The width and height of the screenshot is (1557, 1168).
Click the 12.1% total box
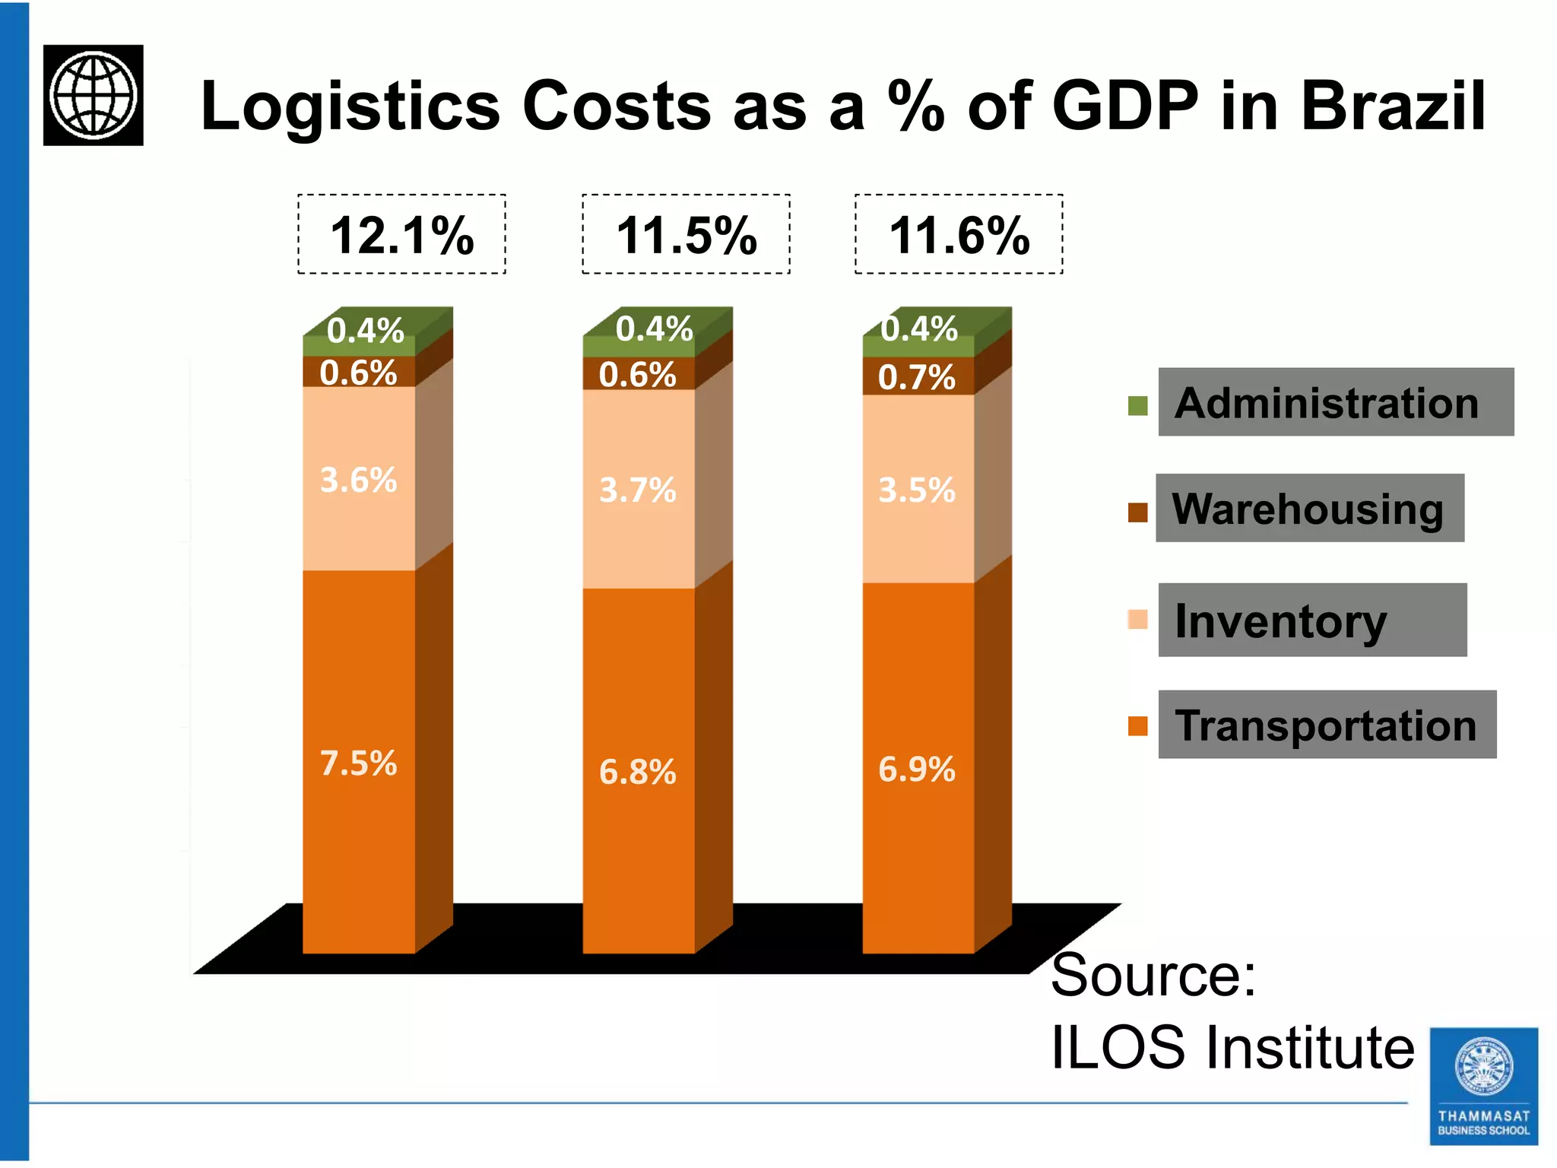pos(401,235)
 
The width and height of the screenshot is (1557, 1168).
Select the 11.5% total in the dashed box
pos(686,235)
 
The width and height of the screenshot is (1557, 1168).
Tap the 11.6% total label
pos(959,235)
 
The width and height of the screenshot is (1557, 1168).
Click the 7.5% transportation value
pos(358,763)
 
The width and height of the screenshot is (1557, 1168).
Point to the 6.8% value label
pos(637,772)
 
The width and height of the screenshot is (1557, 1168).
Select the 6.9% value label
pos(916,770)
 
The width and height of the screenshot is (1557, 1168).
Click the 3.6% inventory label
pos(358,480)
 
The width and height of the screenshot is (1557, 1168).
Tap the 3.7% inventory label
pos(637,490)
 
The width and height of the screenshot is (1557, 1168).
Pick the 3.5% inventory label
pos(916,490)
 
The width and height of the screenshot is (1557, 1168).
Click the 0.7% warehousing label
pos(916,377)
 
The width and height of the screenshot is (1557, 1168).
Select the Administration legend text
pos(1327,403)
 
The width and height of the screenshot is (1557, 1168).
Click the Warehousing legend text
pos(1308,509)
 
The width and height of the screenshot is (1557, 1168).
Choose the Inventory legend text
pos(1281,621)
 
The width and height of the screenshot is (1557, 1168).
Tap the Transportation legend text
pos(1326,725)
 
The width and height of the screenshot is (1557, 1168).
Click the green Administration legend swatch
pos(1137,406)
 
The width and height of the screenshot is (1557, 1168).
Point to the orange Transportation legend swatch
pos(1137,726)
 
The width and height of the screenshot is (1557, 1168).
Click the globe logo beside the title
pos(94,95)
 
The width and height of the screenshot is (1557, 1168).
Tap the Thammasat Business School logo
pos(1483,1086)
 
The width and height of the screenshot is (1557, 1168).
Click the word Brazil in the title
pos(1393,106)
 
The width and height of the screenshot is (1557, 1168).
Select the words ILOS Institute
pos(1232,1048)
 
